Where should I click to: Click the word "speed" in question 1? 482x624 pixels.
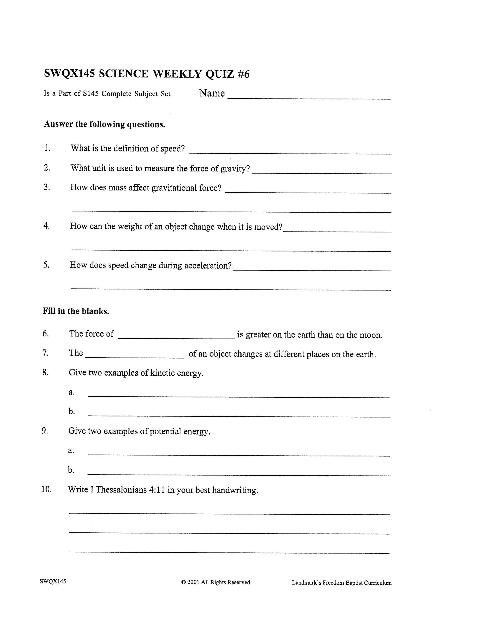[172, 149]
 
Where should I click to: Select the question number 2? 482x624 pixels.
[47, 168]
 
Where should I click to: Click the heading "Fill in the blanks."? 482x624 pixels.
[76, 311]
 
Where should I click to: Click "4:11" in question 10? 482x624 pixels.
[157, 490]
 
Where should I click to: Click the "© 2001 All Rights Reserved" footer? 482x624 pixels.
[215, 582]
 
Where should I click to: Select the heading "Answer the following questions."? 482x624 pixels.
[105, 125]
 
